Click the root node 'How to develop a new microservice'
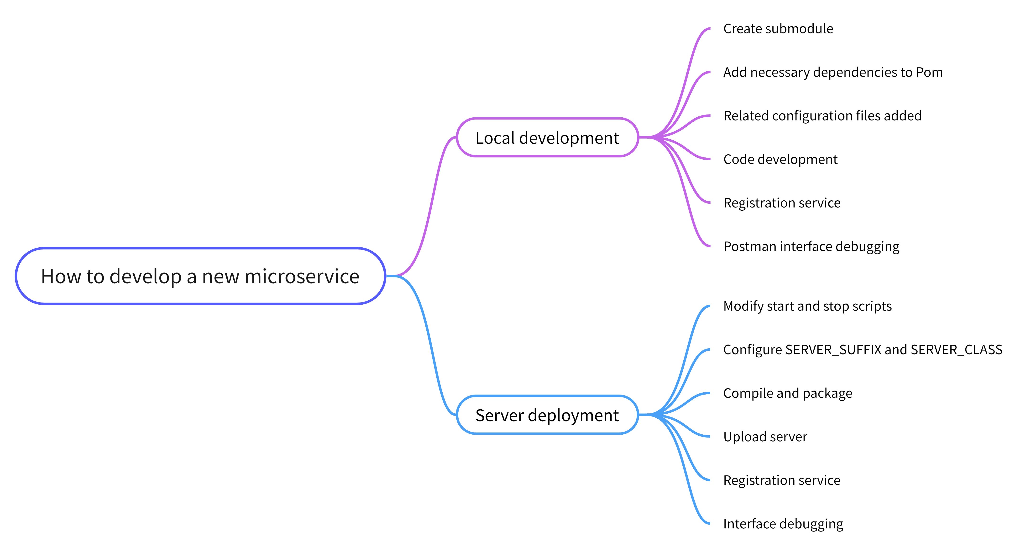click(x=200, y=276)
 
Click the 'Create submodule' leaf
click(x=778, y=29)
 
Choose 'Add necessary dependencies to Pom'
click(x=832, y=73)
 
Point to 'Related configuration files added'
click(x=822, y=116)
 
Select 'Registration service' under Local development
click(x=782, y=203)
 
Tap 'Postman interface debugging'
click(x=811, y=246)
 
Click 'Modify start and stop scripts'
click(x=807, y=306)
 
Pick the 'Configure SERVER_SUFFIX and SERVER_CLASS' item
click(x=863, y=350)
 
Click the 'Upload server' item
click(x=765, y=437)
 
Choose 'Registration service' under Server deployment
click(x=782, y=480)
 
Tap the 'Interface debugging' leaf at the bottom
click(x=783, y=524)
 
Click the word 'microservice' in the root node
click(x=302, y=276)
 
